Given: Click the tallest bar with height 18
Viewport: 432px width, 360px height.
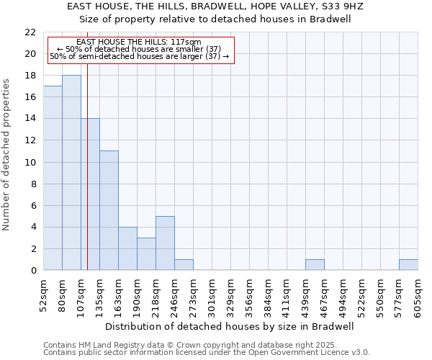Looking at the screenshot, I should [x=71, y=173].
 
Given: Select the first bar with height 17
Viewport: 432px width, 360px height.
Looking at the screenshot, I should [x=53, y=178].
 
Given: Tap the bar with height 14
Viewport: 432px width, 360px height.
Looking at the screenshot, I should [x=90, y=194].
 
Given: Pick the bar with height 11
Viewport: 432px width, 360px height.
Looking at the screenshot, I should [x=109, y=210].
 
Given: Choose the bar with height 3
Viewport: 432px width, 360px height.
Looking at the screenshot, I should [x=146, y=254].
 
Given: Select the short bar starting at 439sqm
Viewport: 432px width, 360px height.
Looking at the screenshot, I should [x=315, y=265].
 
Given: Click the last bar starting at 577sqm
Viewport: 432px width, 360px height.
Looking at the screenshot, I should [x=408, y=265].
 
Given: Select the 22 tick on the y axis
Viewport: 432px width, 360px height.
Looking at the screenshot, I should [x=30, y=32].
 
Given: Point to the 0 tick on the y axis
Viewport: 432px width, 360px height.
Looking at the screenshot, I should [x=33, y=271].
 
